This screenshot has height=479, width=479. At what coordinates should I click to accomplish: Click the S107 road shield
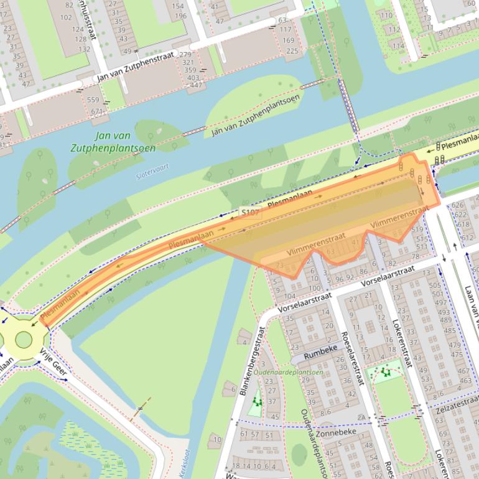pos(249,213)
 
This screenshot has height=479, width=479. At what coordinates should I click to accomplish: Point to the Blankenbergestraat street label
pos(252,361)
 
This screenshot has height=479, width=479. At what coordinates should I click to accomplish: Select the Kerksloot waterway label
pos(184,462)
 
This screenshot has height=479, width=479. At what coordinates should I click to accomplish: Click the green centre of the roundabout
pos(23,339)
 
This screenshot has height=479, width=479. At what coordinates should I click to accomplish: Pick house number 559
pos(93,100)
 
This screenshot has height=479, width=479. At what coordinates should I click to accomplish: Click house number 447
pos(196,85)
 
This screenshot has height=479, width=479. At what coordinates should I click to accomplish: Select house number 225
pos(291,51)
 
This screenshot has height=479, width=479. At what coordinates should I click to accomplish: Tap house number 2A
pos(361,417)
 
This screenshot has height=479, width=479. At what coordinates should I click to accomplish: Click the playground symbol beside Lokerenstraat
pos(386,373)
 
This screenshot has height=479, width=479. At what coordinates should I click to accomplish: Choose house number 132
pos(84,49)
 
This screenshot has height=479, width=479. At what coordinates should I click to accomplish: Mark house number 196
pos(180,16)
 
